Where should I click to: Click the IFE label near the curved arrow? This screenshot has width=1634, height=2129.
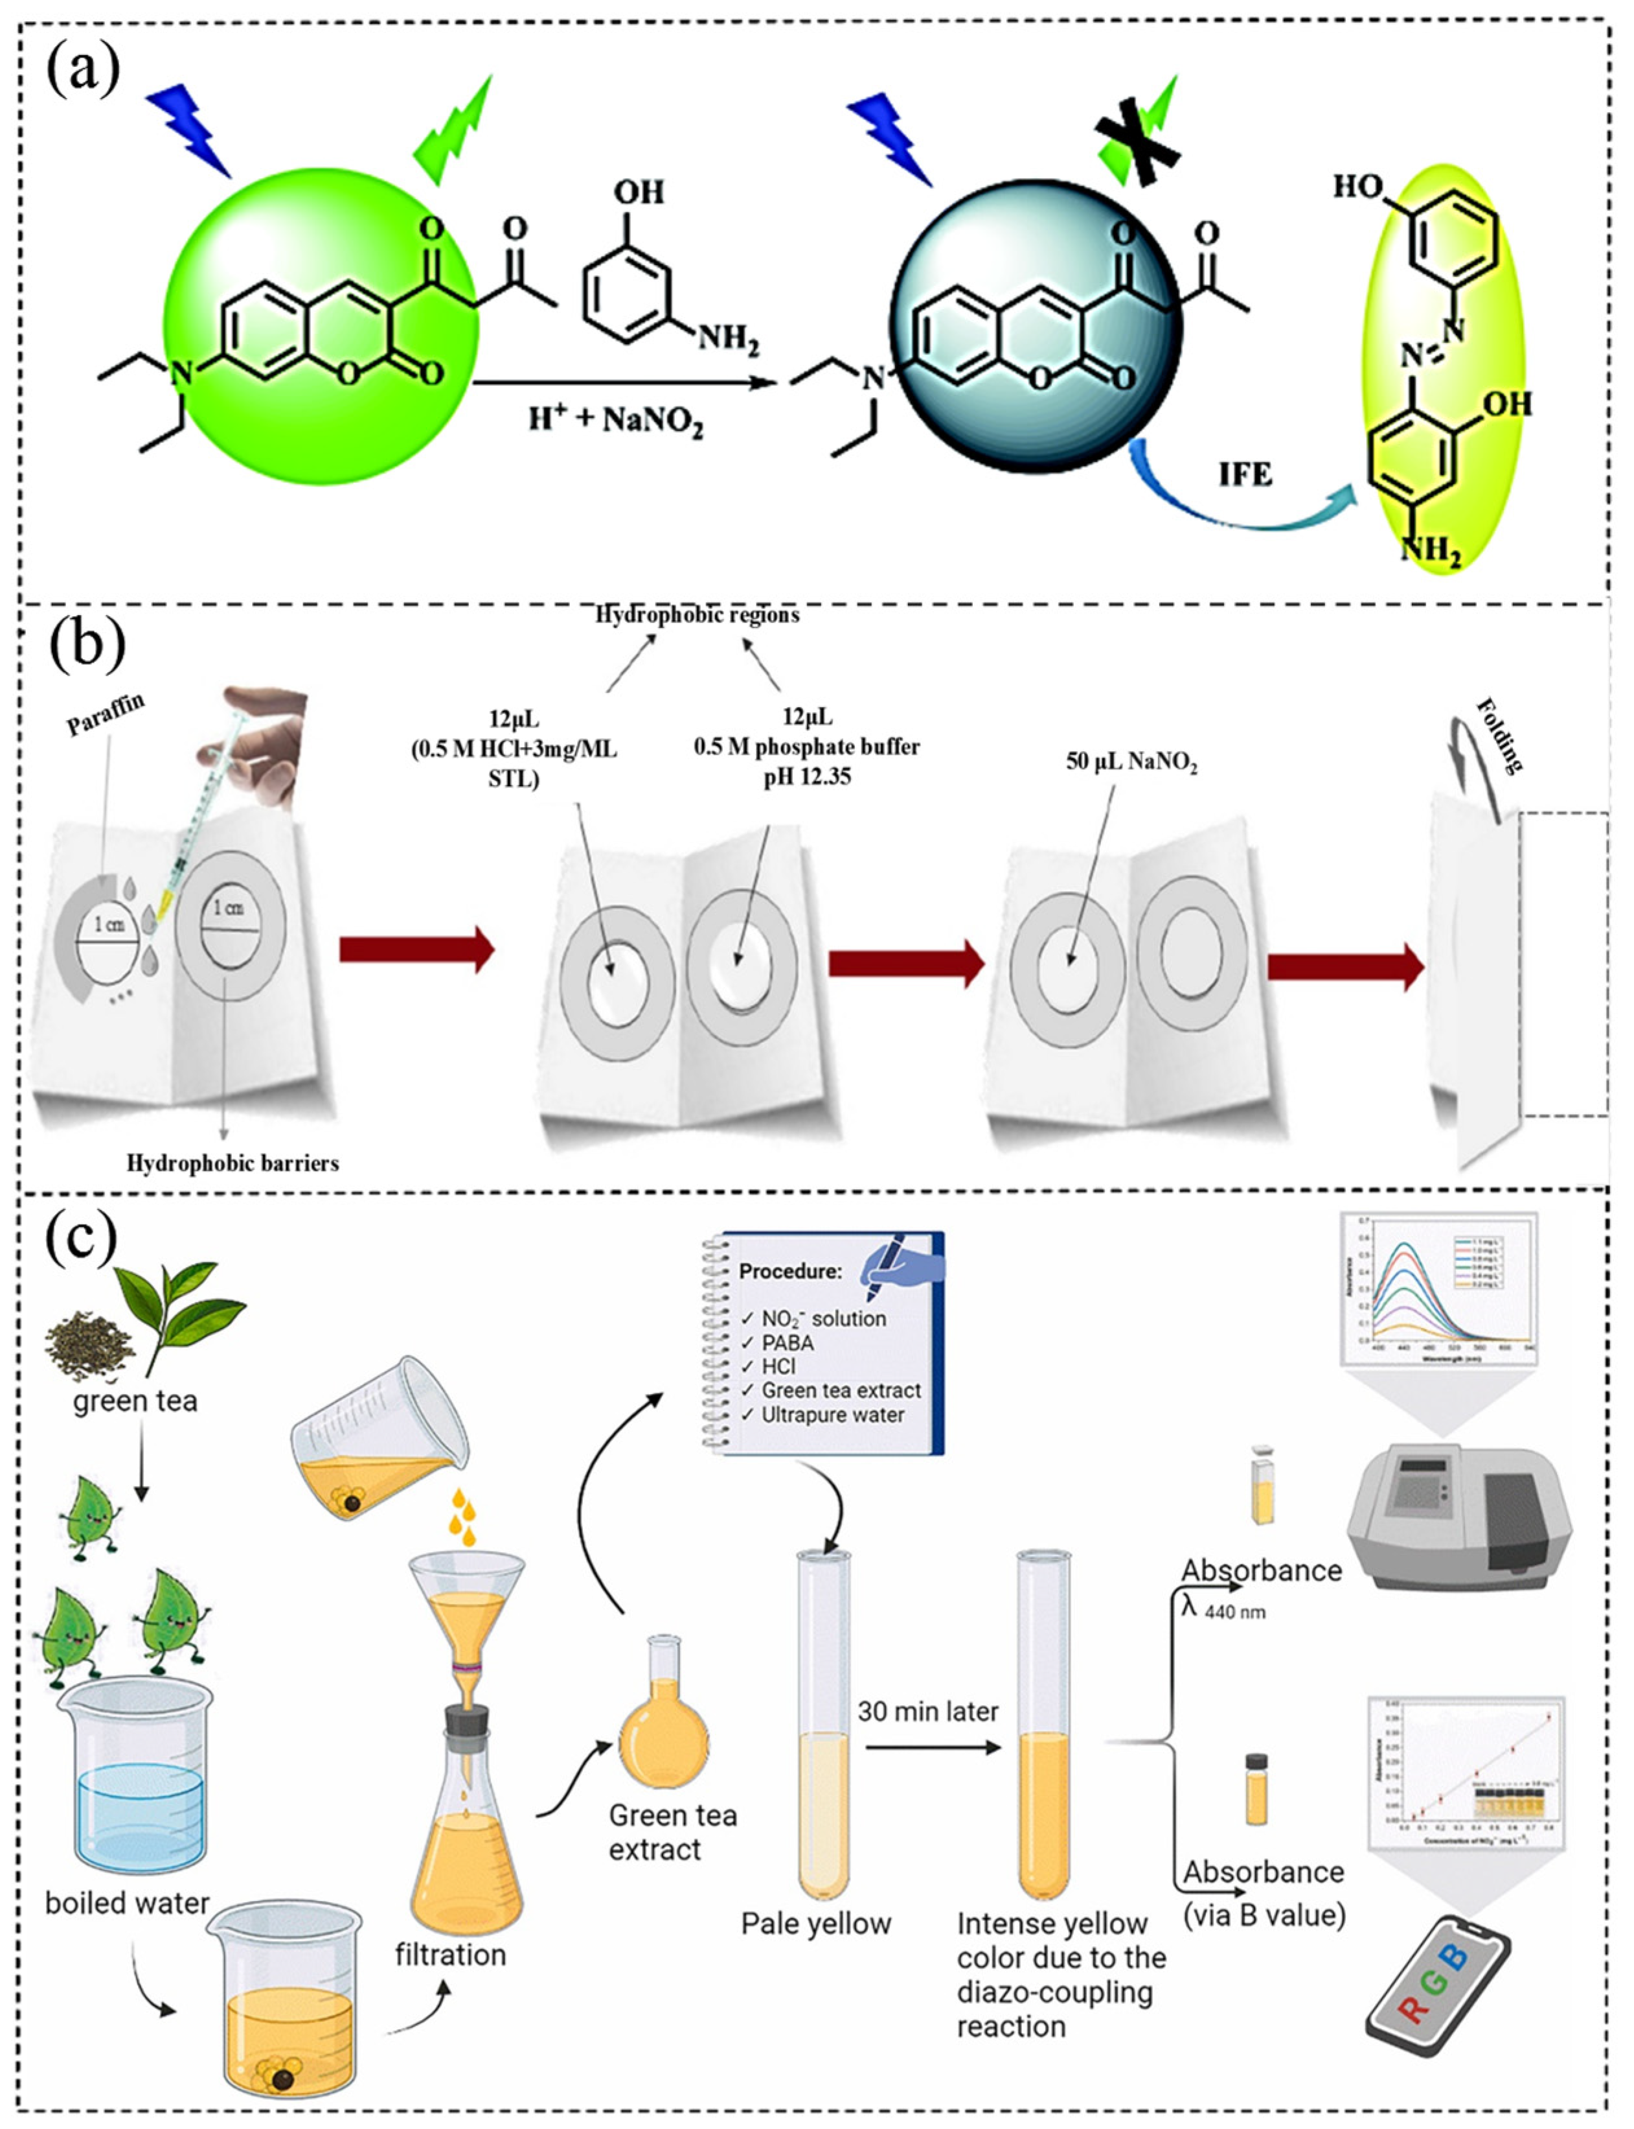(x=1245, y=475)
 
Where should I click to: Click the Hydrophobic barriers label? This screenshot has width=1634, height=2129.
(x=233, y=1163)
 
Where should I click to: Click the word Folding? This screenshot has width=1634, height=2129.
(x=1499, y=736)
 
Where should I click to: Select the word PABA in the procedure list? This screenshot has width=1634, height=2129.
(x=787, y=1342)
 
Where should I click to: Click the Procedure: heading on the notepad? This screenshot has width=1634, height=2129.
(x=789, y=1271)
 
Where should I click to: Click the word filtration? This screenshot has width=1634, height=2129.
(x=450, y=1954)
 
